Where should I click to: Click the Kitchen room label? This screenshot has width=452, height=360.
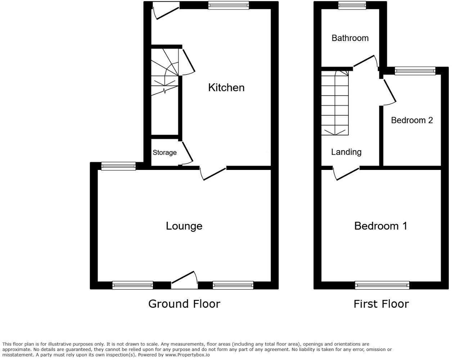226,87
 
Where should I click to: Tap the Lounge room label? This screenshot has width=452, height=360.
184,226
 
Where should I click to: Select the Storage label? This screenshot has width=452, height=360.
164,153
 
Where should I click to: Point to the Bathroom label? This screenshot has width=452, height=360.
350,38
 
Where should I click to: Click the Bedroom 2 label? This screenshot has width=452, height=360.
412,120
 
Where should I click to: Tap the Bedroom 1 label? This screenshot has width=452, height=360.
380,226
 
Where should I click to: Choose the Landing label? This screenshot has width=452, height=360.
346,152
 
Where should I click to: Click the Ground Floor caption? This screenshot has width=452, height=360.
184,304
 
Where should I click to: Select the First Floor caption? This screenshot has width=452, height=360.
381,304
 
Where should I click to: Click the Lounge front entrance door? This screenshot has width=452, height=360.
185,280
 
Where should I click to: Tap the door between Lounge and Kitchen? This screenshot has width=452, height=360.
213,173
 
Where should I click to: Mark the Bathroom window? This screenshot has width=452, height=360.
352,5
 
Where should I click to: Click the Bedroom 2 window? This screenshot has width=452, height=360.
415,71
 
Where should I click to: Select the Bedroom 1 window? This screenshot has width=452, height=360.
382,285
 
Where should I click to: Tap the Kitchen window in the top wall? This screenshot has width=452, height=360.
228,5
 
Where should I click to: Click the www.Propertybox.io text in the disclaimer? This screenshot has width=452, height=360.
187,355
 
